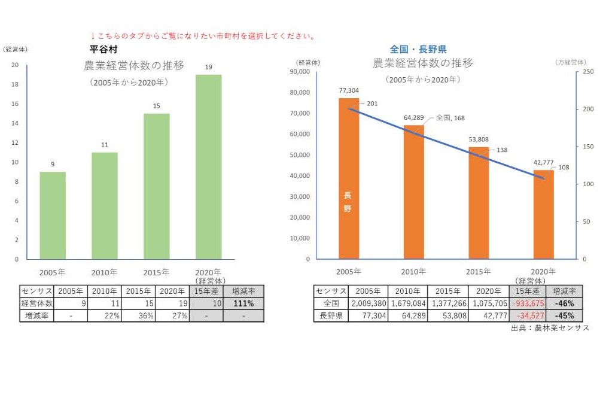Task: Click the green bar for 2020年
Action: click(208, 167)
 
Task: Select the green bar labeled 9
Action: click(53, 215)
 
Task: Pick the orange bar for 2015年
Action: click(479, 203)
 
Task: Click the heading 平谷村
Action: click(103, 49)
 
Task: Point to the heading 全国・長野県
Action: click(418, 49)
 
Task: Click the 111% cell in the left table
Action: click(243, 303)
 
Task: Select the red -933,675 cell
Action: click(527, 303)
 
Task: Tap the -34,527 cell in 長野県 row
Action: click(527, 315)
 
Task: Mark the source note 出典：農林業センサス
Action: click(550, 328)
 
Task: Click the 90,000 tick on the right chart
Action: click(300, 72)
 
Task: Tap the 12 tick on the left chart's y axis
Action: click(16, 142)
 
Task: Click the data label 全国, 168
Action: click(450, 118)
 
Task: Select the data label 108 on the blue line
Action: click(564, 167)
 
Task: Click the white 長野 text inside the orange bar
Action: click(348, 202)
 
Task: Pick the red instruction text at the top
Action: click(203, 37)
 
